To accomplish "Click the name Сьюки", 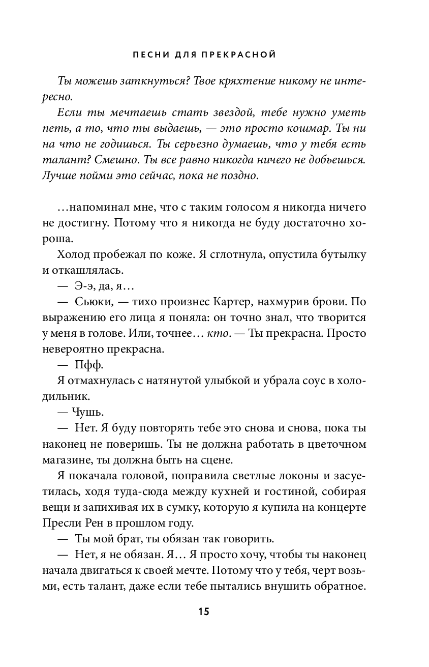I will [91, 302].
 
